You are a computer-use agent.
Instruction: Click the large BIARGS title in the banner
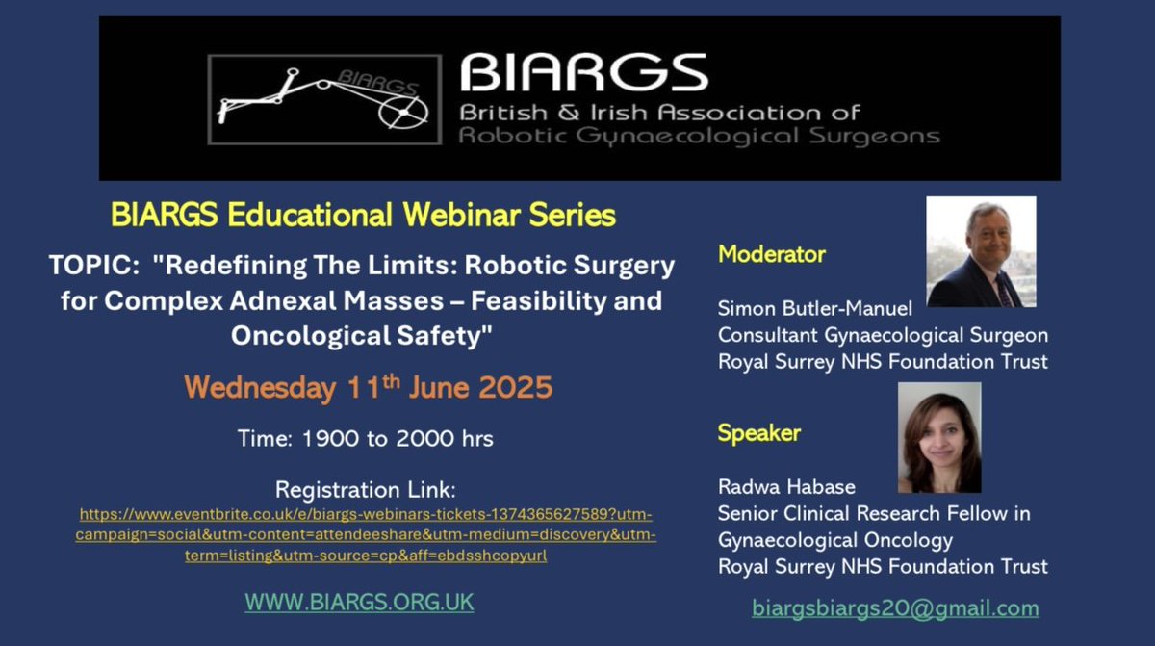click(x=583, y=73)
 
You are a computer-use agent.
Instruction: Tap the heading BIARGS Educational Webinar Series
click(x=363, y=215)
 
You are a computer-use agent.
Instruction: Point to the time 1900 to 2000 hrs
click(x=366, y=439)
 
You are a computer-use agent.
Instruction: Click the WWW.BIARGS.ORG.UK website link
click(x=359, y=603)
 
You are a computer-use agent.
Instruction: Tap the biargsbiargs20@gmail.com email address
click(x=895, y=608)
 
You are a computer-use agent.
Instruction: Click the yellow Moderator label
click(x=772, y=255)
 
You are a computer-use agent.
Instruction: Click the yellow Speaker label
click(x=759, y=433)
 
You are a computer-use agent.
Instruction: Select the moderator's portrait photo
click(x=981, y=252)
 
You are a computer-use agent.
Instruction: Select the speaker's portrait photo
click(x=939, y=437)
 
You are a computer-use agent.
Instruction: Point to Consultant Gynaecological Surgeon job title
click(x=883, y=335)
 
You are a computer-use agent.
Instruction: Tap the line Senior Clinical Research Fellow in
click(x=874, y=514)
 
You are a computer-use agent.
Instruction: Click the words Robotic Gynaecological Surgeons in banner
click(x=699, y=136)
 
